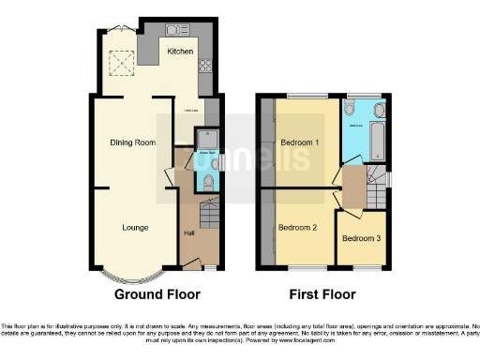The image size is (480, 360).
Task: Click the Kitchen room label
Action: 180,52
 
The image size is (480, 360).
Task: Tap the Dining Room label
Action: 132,142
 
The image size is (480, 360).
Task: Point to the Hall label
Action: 188,232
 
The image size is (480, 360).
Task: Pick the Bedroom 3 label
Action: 361,238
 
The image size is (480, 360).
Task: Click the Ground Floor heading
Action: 157,294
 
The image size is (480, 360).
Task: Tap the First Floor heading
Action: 322,294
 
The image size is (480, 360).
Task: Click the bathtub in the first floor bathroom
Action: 377,141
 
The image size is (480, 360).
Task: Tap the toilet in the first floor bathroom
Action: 377,110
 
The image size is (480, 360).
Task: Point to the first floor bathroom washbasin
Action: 349,108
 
